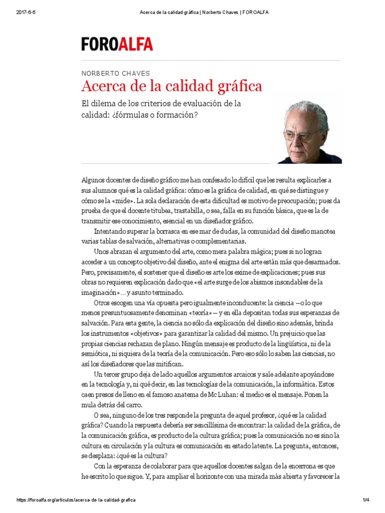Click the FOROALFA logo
[x=117, y=44]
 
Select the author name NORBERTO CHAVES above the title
[x=115, y=73]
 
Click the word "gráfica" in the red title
[x=238, y=86]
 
